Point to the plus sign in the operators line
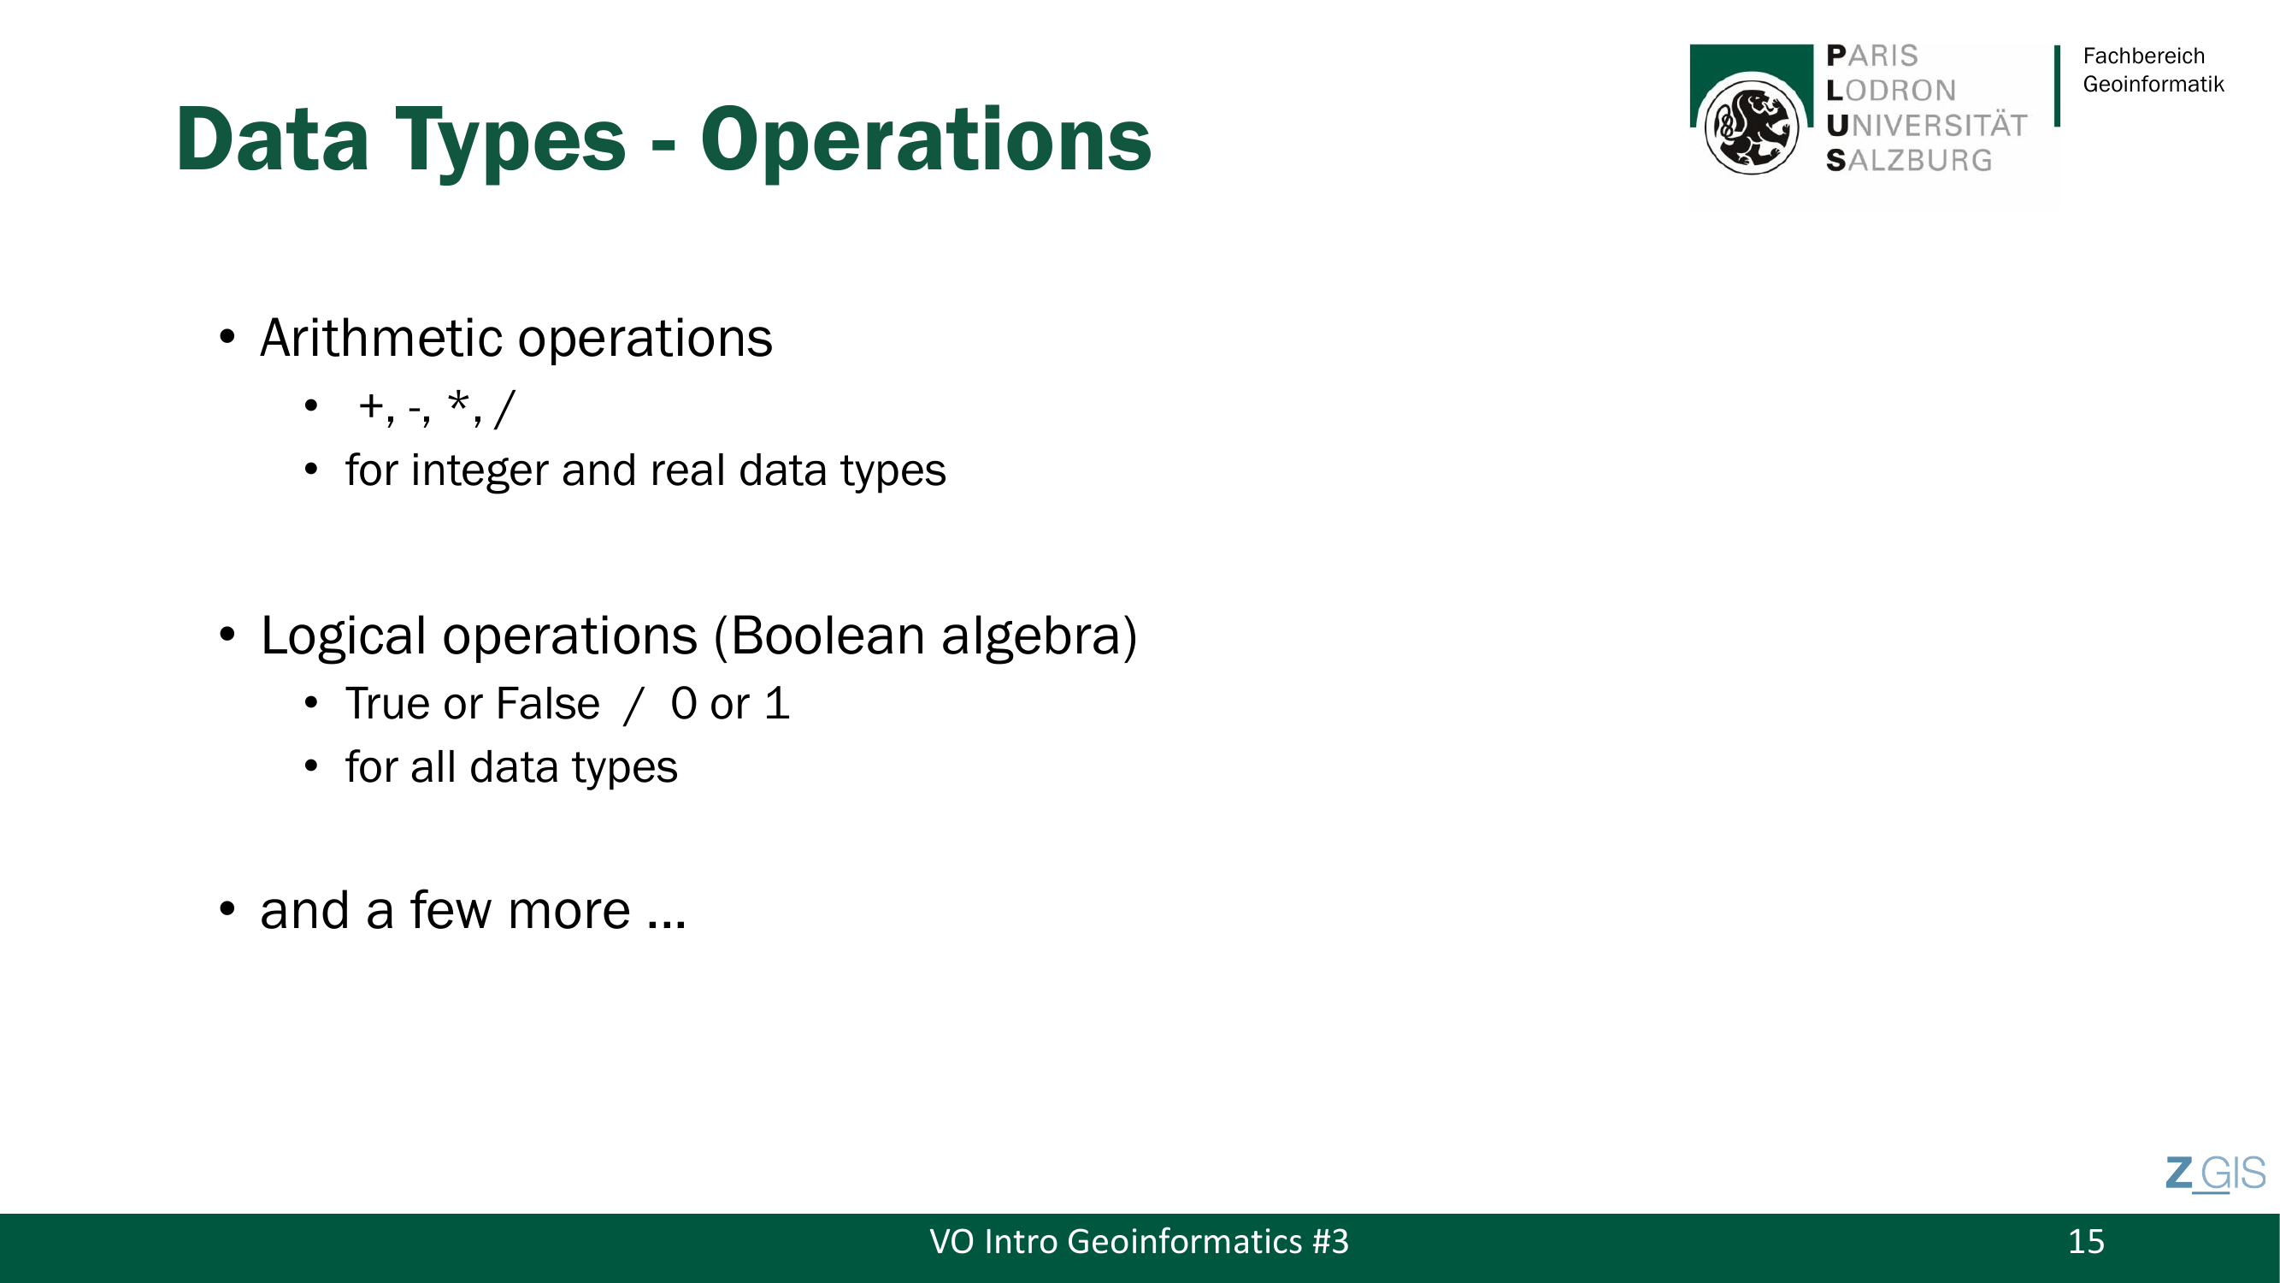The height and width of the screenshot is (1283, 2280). pyautogui.click(x=371, y=407)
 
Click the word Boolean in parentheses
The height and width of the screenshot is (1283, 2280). pyautogui.click(x=828, y=635)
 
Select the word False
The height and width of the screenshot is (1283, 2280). pyautogui.click(x=548, y=704)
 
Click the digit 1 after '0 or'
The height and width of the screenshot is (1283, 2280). pyautogui.click(x=778, y=704)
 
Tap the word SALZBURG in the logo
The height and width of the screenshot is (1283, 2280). pyautogui.click(x=1909, y=160)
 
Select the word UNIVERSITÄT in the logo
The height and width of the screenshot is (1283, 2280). pyautogui.click(x=1927, y=125)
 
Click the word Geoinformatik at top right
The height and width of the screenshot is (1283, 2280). pyautogui.click(x=2153, y=84)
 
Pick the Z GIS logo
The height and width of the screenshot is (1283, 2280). pyautogui.click(x=2215, y=1174)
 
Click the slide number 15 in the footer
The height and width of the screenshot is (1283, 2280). pyautogui.click(x=2086, y=1241)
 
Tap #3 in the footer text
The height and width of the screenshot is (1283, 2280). pyautogui.click(x=1330, y=1241)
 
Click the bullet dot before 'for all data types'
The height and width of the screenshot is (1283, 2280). pyautogui.click(x=310, y=765)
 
